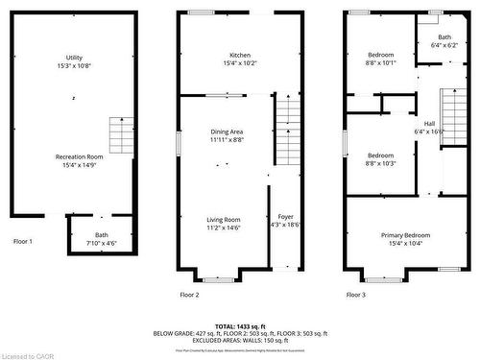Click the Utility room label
74,58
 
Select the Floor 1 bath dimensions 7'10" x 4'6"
102,243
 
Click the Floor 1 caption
23,241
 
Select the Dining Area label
227,132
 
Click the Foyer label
286,217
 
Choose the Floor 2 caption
189,294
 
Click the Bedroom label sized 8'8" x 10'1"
381,55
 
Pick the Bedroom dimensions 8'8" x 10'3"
381,163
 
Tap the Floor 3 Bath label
444,36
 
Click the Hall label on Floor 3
429,123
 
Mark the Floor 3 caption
355,294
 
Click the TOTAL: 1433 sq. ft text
240,326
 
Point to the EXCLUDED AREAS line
240,339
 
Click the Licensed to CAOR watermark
28,354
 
